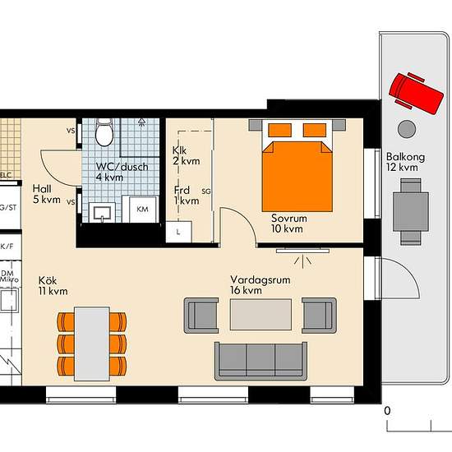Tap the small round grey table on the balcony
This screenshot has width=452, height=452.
(x=406, y=128)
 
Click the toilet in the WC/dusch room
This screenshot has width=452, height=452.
(x=104, y=131)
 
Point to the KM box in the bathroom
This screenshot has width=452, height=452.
(x=142, y=210)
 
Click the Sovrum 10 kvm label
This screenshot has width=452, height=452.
(x=288, y=224)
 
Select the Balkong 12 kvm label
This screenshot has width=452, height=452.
(x=402, y=162)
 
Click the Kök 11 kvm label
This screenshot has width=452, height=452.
(x=52, y=285)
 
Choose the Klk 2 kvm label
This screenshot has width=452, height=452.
(x=182, y=156)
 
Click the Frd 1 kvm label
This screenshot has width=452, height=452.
(x=186, y=195)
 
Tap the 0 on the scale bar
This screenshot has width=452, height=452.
(x=387, y=410)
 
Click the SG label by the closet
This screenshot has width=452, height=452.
(x=205, y=191)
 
